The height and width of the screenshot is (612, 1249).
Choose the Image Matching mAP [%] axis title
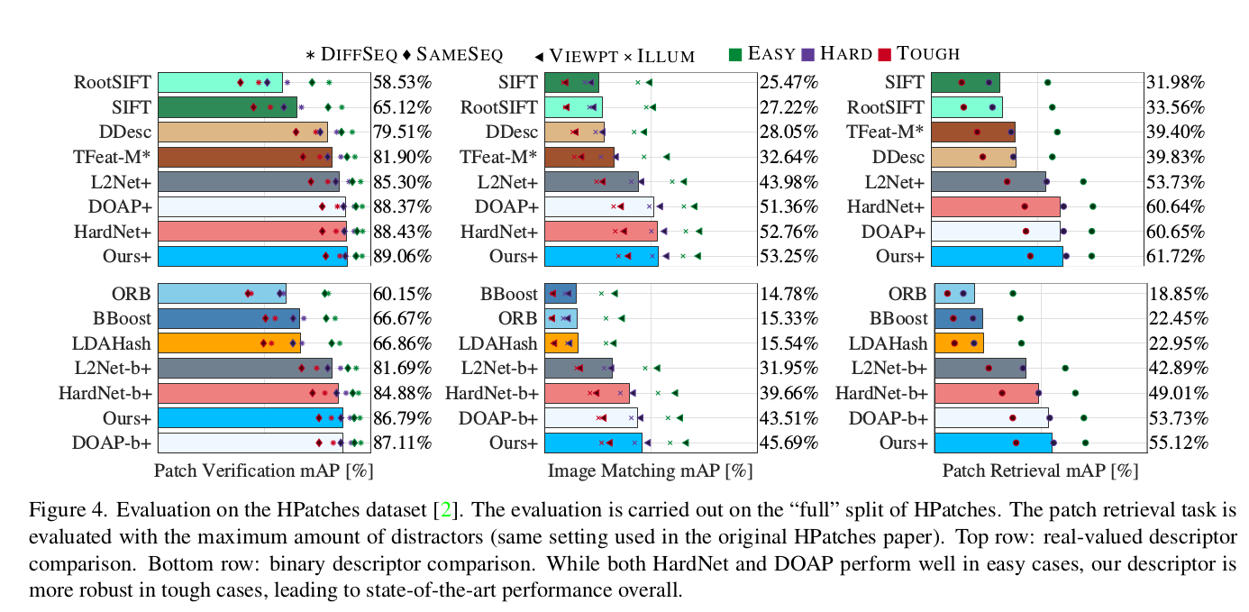pyautogui.click(x=650, y=470)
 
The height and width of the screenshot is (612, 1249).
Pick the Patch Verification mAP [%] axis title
pyautogui.click(x=263, y=470)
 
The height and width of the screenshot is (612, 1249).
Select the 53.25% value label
pyautogui.click(x=788, y=257)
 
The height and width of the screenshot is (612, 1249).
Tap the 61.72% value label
pyautogui.click(x=1175, y=257)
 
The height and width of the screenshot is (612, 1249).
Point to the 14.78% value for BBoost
pyautogui.click(x=788, y=294)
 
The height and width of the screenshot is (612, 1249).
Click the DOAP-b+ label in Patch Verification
pyautogui.click(x=112, y=443)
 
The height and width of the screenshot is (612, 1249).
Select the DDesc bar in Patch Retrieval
pyautogui.click(x=973, y=158)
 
